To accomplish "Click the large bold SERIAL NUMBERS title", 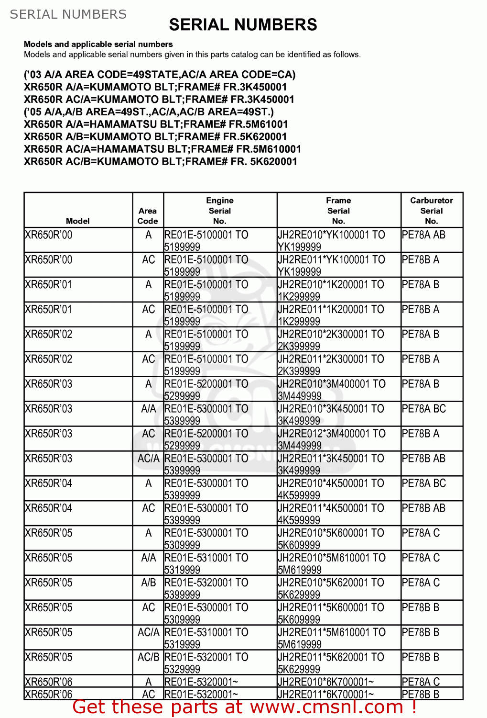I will click(x=243, y=25).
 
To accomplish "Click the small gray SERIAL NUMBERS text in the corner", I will click(x=68, y=14).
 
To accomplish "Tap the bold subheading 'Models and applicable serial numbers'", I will click(x=98, y=44).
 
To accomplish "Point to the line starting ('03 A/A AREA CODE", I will click(x=160, y=75).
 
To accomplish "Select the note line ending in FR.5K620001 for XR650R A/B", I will click(x=155, y=137).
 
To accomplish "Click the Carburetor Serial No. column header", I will click(x=431, y=211).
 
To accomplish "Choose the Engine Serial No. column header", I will click(x=220, y=211).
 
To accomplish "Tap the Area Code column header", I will click(x=148, y=216).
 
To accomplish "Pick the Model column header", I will click(x=78, y=221).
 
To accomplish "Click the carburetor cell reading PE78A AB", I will click(x=424, y=235).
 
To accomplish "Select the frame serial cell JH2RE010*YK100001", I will click(x=331, y=240).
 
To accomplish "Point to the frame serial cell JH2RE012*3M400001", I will click(x=331, y=439).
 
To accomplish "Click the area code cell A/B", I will click(x=148, y=583).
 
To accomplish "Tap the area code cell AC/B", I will click(x=148, y=657).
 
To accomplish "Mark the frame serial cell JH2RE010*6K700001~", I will click(x=326, y=682).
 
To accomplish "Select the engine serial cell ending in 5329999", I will click(x=206, y=662).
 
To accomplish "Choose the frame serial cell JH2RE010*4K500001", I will click(x=331, y=489).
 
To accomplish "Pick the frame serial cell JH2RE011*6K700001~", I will click(x=326, y=694).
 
